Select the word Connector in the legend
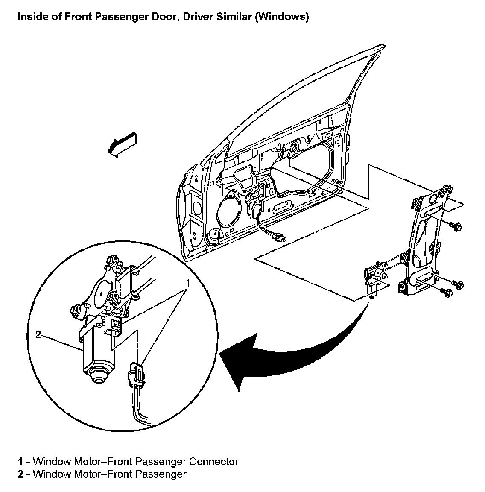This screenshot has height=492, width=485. click(x=213, y=462)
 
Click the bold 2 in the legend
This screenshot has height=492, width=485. click(x=20, y=474)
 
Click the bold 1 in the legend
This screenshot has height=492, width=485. click(x=20, y=462)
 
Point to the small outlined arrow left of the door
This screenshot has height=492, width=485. click(x=122, y=145)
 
